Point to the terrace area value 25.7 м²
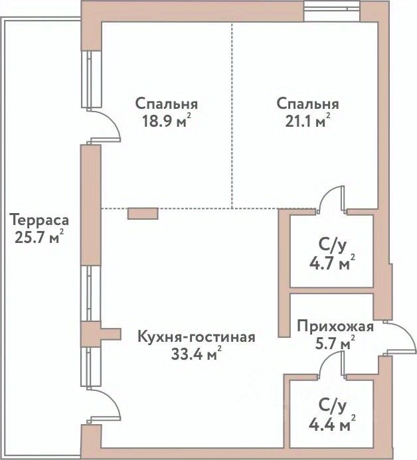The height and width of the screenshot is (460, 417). tap(39, 236)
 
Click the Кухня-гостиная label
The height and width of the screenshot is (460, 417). tap(196, 336)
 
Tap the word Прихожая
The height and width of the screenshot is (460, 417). tap(335, 327)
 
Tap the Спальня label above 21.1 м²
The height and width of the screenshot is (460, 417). tap(307, 104)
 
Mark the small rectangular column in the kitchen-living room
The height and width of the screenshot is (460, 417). tap(143, 214)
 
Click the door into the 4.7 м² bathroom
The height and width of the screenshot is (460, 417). tap(331, 199)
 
